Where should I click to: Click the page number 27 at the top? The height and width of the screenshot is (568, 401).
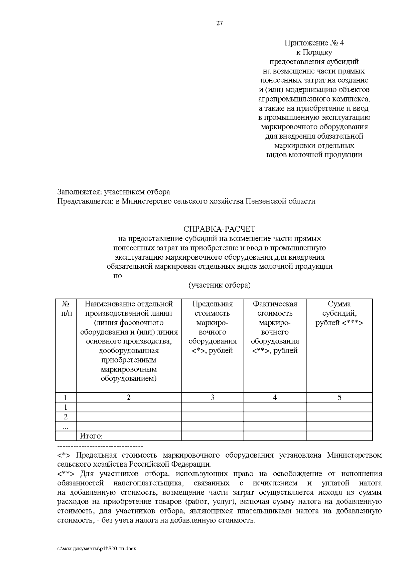pyautogui.click(x=219, y=23)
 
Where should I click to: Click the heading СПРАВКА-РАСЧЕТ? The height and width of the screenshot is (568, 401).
pyautogui.click(x=219, y=229)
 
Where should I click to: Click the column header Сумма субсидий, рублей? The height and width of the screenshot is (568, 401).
pyautogui.click(x=339, y=313)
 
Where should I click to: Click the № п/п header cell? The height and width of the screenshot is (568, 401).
pyautogui.click(x=65, y=309)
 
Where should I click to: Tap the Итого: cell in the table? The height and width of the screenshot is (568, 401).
pyautogui.click(x=91, y=436)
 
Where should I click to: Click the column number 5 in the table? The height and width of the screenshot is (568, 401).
pyautogui.click(x=339, y=397)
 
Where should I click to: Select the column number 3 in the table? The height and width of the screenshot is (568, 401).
pyautogui.click(x=212, y=397)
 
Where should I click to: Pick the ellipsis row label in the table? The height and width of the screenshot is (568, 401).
pyautogui.click(x=65, y=426)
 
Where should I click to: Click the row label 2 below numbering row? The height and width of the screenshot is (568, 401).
pyautogui.click(x=65, y=417)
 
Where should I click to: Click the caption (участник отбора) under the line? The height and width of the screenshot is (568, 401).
pyautogui.click(x=219, y=286)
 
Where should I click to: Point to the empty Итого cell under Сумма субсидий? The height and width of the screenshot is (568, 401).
pyautogui.click(x=339, y=436)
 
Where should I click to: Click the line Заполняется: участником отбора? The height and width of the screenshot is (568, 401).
pyautogui.click(x=114, y=192)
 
